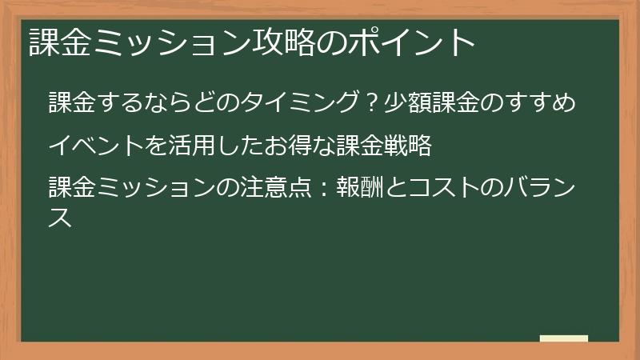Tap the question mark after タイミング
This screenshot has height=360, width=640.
(x=370, y=103)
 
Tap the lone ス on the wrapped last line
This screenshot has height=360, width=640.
(x=61, y=217)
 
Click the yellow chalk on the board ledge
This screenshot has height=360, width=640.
(x=563, y=338)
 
